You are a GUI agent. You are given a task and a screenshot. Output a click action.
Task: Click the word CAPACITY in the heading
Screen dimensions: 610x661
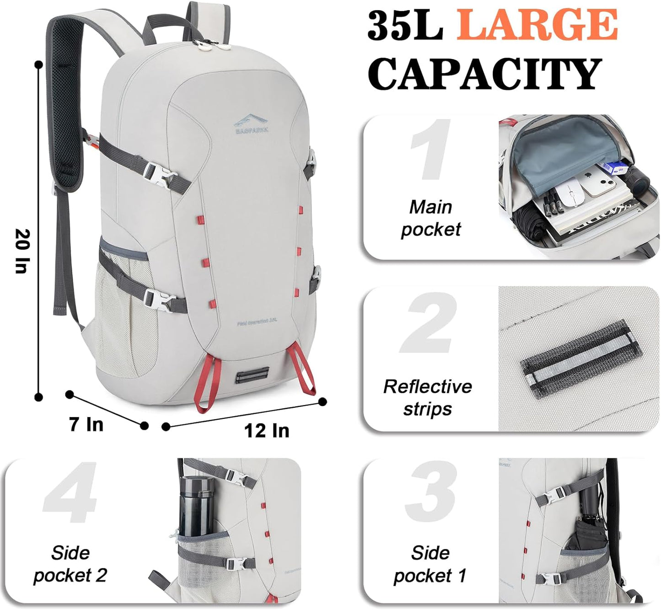click(484, 74)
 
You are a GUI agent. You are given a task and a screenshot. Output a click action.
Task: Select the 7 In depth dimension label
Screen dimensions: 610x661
click(86, 424)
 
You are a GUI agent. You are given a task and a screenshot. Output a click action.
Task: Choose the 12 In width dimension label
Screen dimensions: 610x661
click(267, 430)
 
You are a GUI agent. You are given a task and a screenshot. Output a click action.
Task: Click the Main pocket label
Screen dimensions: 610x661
click(430, 218)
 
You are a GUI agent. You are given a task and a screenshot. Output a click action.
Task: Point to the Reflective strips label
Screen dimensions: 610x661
click(428, 397)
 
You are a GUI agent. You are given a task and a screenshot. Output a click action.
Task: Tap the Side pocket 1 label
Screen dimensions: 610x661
click(430, 564)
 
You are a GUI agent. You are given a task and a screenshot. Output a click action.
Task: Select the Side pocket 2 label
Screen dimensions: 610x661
click(70, 564)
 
